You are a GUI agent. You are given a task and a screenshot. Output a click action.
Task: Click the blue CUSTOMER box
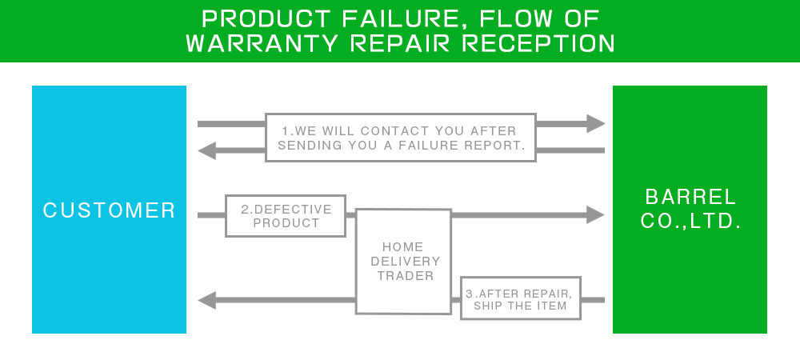pyautogui.click(x=109, y=210)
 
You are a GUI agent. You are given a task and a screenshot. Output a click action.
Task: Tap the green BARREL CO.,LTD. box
pyautogui.click(x=690, y=210)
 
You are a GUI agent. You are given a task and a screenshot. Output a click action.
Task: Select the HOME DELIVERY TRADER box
pyautogui.click(x=403, y=262)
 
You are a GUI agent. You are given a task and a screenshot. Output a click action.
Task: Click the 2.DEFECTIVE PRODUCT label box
pyautogui.click(x=286, y=216)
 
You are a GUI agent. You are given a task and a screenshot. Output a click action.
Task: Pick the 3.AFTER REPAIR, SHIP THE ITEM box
pyautogui.click(x=521, y=298)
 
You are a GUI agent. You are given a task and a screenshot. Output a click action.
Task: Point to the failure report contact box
pyautogui.click(x=401, y=138)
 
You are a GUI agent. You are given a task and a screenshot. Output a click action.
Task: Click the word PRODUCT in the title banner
pyautogui.click(x=266, y=19)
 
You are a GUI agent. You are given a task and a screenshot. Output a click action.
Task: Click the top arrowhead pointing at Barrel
pyautogui.click(x=595, y=123)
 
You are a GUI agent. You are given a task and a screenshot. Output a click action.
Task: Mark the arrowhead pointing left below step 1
pyautogui.click(x=206, y=150)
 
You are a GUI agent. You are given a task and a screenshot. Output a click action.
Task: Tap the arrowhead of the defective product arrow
pyautogui.click(x=595, y=214)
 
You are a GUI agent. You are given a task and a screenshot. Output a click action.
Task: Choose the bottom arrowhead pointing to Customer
pyautogui.click(x=206, y=300)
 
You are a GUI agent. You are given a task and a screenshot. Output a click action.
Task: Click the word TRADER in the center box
pyautogui.click(x=406, y=276)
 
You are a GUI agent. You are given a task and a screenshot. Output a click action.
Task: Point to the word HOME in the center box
pyautogui.click(x=403, y=246)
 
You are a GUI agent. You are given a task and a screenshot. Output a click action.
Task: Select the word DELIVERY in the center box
pyautogui.click(x=405, y=262)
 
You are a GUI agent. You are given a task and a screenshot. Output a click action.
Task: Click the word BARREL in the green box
pyautogui.click(x=691, y=197)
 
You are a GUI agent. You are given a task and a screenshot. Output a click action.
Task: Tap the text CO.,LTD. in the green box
pyautogui.click(x=691, y=221)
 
